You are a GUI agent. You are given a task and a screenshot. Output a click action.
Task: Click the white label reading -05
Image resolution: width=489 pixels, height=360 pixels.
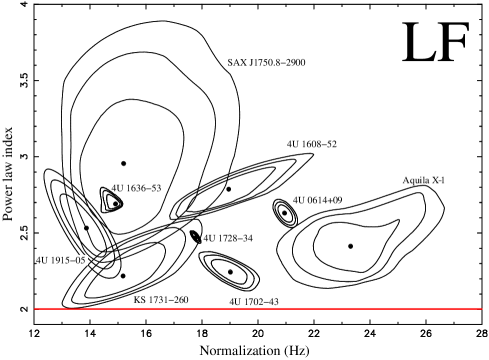pos(80,260)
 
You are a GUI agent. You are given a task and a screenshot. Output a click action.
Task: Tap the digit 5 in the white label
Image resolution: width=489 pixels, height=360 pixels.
pos(83,260)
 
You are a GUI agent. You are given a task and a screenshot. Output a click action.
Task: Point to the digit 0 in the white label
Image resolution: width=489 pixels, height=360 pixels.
pos(79,260)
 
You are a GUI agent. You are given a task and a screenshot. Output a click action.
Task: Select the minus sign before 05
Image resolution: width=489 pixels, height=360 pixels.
pos(75,260)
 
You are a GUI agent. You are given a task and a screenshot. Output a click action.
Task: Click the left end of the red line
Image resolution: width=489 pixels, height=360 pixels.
pos(35,308)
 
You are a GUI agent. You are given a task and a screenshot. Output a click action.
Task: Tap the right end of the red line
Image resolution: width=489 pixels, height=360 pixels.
pos(481,308)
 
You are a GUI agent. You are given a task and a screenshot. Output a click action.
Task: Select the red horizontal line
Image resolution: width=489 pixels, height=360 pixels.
pos(258,308)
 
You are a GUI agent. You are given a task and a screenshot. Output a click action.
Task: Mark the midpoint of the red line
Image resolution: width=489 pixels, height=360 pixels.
pos(258,308)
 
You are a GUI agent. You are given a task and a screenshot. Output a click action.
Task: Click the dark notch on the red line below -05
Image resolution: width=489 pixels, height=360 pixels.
pos(75,308)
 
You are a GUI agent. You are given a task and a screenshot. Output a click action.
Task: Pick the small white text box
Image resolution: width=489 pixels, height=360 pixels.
pos(80,260)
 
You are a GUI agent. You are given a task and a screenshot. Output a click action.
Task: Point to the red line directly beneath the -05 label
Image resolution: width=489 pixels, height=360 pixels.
pos(80,308)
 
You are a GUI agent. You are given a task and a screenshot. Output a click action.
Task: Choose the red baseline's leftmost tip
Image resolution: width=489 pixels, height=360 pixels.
pos(35,308)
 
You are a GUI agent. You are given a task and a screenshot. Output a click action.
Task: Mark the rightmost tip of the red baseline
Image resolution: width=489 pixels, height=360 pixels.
pos(481,308)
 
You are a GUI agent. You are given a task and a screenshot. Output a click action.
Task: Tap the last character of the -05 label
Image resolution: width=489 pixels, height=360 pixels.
pos(83,260)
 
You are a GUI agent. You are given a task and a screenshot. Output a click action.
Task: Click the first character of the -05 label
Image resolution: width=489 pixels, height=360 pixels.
pos(75,260)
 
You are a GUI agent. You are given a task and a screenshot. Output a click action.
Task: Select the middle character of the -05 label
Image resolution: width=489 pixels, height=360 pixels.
pos(79,260)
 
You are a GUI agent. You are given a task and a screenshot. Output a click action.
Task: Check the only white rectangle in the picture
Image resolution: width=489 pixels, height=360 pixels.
pos(80,260)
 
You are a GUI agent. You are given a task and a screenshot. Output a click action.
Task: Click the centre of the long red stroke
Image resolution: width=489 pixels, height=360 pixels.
pos(258,308)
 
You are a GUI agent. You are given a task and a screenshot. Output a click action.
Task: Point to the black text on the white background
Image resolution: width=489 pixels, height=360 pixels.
pos(80,260)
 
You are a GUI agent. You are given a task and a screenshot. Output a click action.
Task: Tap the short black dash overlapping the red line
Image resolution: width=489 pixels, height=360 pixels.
pos(75,308)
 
